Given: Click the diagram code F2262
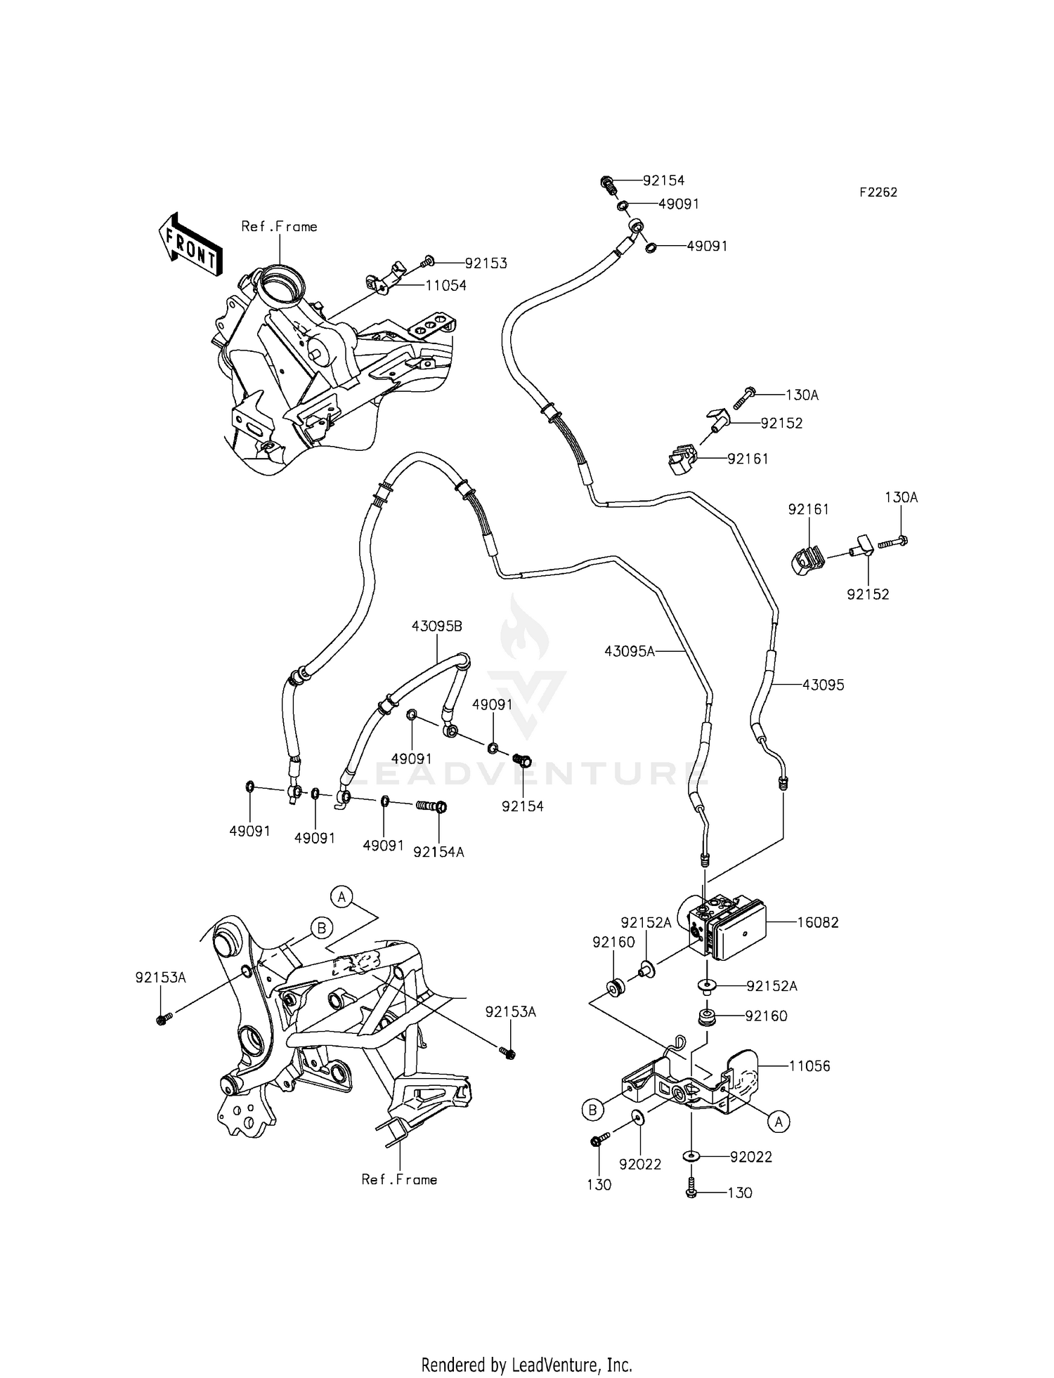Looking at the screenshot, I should point(878,192).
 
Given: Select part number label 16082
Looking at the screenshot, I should point(818,922).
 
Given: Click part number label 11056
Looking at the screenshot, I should point(809,1065).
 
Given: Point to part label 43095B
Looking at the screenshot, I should point(437,626).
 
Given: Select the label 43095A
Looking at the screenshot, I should point(629,651).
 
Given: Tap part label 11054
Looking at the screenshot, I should point(445,286).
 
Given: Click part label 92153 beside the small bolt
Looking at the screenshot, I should point(486,263).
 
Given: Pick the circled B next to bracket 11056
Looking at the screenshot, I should point(592,1110).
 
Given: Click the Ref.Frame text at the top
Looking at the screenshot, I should point(279,226).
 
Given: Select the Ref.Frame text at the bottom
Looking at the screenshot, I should point(399,1179).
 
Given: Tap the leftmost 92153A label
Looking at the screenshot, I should point(160,977).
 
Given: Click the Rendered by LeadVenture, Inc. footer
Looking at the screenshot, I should point(526,1365).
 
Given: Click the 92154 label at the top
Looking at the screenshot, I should point(663,181).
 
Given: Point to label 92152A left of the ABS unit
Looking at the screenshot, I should point(645,922).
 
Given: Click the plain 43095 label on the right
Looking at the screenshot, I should point(824,685).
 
